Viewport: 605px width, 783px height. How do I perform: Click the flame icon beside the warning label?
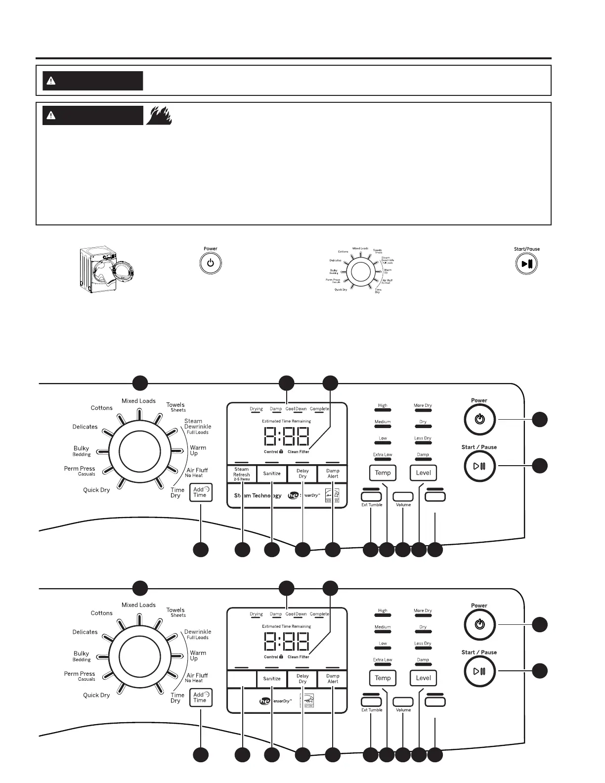pos(159,115)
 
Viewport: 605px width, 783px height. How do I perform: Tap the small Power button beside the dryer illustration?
pos(211,263)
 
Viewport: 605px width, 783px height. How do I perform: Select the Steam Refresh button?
pos(242,474)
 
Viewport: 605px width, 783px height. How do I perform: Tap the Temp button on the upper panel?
pos(383,473)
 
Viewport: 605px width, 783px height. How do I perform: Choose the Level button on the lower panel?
pos(423,678)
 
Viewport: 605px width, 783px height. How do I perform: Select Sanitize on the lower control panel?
pos(272,679)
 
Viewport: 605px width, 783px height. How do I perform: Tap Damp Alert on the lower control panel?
pos(333,679)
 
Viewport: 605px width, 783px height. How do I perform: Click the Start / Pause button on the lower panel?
pos(479,671)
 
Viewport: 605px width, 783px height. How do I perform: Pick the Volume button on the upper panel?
pos(403,496)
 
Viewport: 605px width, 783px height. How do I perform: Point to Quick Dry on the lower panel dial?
pos(96,695)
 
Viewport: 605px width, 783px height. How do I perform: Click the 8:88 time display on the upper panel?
pos(287,436)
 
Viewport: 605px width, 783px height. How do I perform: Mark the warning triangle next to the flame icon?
pos(50,116)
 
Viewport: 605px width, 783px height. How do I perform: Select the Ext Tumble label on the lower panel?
pos(372,710)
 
